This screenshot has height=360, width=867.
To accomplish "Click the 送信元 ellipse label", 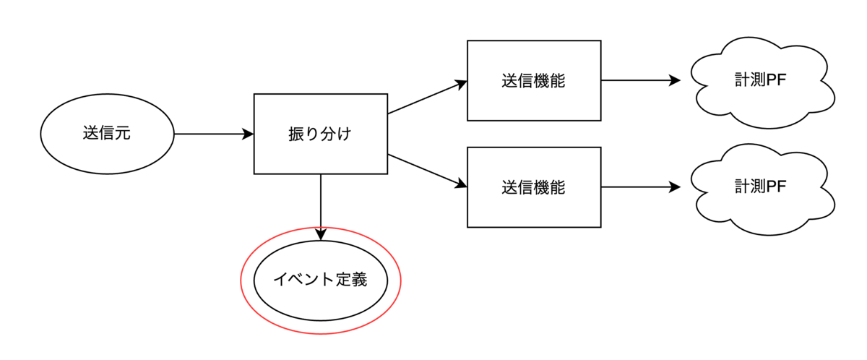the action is click(107, 133).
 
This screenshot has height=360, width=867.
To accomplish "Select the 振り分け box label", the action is click(320, 134).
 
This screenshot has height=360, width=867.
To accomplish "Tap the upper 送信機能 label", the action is click(533, 80).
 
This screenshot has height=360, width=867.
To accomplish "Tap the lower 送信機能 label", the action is click(533, 187).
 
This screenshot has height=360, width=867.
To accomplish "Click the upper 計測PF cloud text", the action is click(761, 80).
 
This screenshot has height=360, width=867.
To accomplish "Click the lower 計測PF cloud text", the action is click(761, 187).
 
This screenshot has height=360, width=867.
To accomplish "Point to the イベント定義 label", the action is click(320, 279).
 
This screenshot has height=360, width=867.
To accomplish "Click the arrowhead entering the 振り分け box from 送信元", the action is click(248, 134).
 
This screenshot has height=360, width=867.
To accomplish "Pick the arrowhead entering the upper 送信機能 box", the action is click(461, 84).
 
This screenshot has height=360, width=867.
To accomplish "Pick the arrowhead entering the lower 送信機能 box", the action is click(461, 184).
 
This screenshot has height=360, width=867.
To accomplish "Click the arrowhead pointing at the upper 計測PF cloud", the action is click(674, 80).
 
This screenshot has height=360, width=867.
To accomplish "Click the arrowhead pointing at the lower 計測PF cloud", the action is click(674, 187).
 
